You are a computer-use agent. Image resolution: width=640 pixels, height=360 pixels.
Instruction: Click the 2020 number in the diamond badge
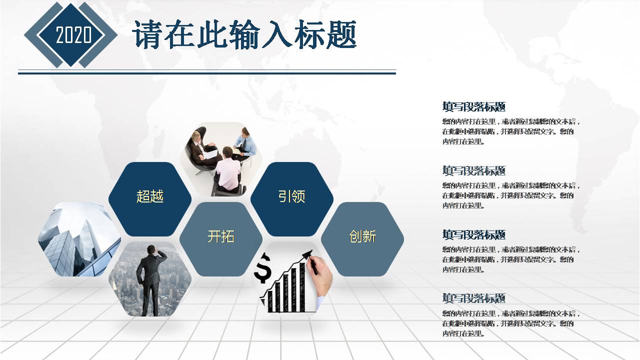pyautogui.click(x=73, y=35)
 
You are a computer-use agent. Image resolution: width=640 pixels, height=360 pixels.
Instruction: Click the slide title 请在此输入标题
pyautogui.click(x=244, y=35)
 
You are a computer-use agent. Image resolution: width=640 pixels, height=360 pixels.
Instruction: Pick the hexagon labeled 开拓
pyautogui.click(x=220, y=237)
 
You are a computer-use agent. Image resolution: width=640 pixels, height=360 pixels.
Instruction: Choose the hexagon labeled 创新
pyautogui.click(x=362, y=237)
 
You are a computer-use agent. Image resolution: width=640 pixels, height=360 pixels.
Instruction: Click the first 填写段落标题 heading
pyautogui.click(x=474, y=106)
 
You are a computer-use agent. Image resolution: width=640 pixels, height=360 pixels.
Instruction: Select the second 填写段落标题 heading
pyautogui.click(x=474, y=170)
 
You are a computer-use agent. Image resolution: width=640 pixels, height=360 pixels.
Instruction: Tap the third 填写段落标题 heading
pyautogui.click(x=474, y=234)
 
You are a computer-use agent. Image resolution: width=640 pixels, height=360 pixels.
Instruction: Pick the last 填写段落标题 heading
pyautogui.click(x=474, y=298)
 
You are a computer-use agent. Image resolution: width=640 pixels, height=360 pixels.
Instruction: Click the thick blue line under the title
pyautogui.click(x=207, y=73)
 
